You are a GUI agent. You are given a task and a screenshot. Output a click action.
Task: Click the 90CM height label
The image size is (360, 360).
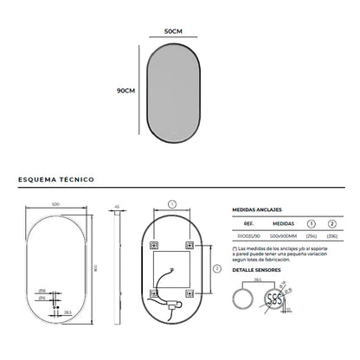click(x=126, y=90)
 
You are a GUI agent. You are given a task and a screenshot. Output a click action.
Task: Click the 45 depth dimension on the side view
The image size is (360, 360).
click(x=115, y=207)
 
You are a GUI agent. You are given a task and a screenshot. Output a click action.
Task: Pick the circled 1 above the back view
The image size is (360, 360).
click(x=171, y=203)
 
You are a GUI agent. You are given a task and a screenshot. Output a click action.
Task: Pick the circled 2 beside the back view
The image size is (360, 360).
click(x=214, y=270)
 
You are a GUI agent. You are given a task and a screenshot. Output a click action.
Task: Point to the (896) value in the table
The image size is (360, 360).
click(x=331, y=235)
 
